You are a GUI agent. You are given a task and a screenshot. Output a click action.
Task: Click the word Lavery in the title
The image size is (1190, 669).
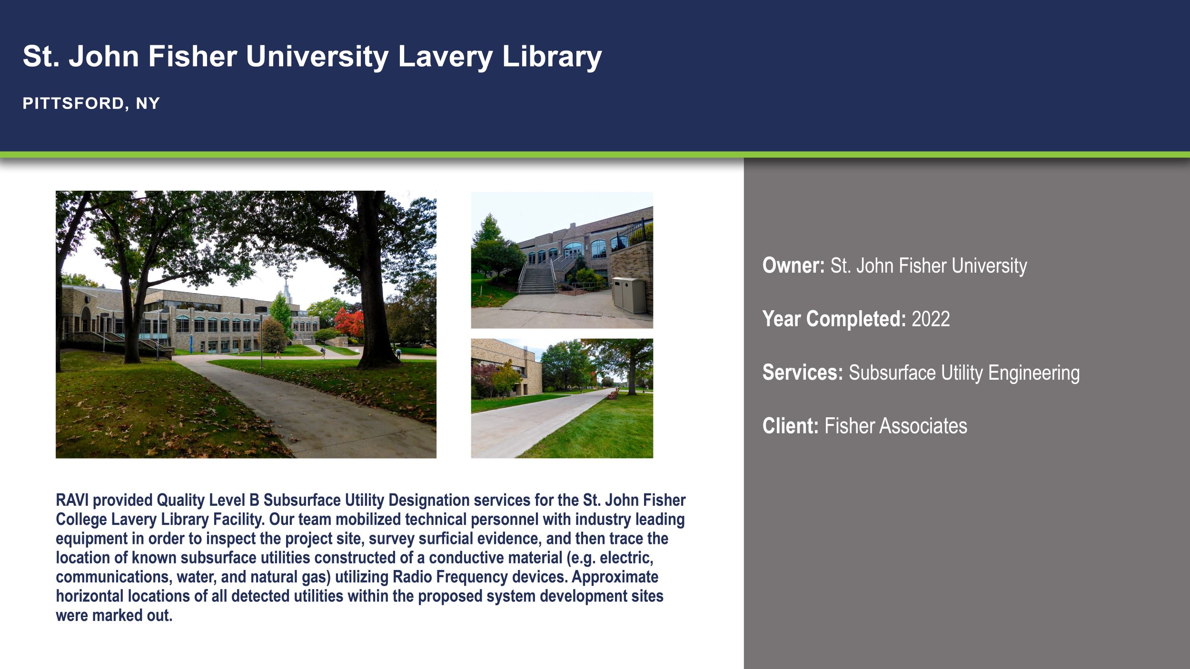445,57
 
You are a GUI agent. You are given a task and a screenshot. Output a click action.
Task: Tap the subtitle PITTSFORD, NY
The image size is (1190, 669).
91,103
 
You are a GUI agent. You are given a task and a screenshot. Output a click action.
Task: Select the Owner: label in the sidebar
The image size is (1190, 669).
793,266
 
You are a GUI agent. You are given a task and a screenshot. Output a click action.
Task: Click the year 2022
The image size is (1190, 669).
931,319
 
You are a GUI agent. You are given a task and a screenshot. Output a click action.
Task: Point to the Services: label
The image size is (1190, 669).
803,373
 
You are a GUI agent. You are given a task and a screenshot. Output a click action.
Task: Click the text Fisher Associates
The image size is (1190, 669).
895,426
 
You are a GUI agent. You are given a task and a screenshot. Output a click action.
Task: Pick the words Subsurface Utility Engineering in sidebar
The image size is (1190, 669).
964,373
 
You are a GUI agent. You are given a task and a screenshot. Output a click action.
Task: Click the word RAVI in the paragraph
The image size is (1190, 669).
72,500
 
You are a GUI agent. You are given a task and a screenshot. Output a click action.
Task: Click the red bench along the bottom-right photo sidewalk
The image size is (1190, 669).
613,394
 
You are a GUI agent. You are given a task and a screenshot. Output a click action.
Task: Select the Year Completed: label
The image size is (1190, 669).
834,319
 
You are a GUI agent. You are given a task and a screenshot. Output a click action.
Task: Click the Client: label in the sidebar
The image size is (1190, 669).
790,426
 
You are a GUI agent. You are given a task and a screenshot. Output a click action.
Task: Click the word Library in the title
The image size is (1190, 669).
552,57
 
